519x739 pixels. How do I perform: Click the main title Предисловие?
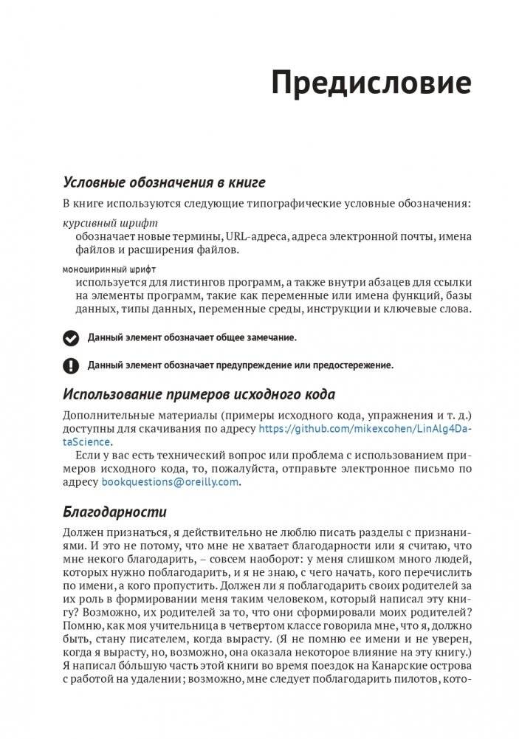pyautogui.click(x=371, y=83)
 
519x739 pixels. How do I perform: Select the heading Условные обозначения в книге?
pyautogui.click(x=164, y=182)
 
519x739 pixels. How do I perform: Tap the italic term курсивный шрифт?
pyautogui.click(x=110, y=222)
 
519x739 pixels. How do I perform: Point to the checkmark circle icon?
pyautogui.click(x=70, y=337)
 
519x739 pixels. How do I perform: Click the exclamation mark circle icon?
pyautogui.click(x=70, y=365)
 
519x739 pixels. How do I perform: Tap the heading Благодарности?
pyautogui.click(x=114, y=512)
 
